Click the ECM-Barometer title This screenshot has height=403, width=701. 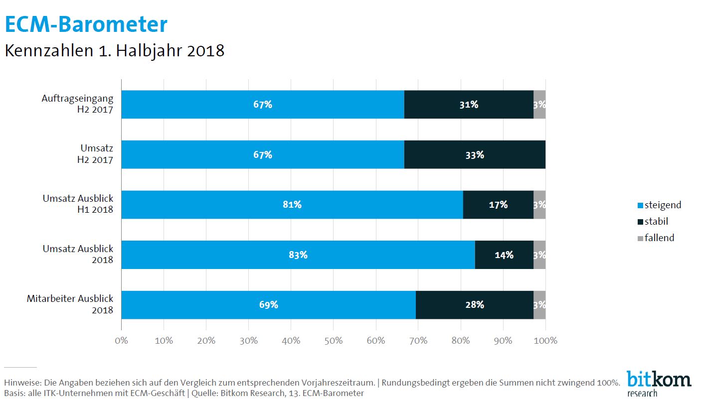(86, 24)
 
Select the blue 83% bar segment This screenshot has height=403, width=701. (298, 255)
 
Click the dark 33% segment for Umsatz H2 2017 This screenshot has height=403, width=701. (474, 154)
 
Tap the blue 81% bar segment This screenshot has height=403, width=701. (292, 204)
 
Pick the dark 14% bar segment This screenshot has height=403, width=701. (504, 255)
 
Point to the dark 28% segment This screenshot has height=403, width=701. (474, 304)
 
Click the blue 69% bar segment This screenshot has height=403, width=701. (268, 304)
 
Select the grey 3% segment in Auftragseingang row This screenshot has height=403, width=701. (539, 105)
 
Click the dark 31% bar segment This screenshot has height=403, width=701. (469, 105)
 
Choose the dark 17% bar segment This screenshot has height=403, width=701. (498, 204)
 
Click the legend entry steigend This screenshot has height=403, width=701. (659, 205)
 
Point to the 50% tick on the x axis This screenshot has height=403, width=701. (334, 341)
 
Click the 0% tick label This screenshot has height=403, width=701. (121, 341)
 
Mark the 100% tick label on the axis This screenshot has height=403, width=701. (545, 341)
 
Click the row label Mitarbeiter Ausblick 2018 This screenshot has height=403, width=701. (70, 304)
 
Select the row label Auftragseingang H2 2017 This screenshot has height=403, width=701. (77, 104)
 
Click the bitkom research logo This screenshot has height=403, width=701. (658, 382)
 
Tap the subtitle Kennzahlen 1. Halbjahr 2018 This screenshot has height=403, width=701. (114, 51)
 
